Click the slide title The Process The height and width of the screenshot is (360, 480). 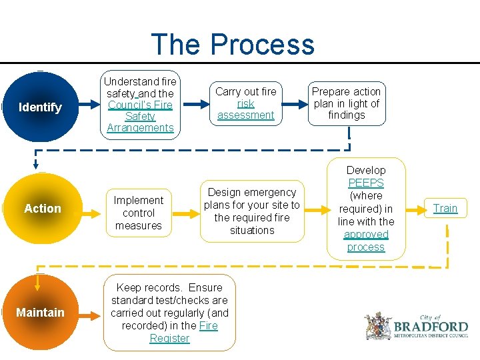point(233,45)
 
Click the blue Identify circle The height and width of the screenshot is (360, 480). point(40,107)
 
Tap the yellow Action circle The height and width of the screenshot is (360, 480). point(42,209)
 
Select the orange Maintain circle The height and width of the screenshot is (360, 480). point(41,313)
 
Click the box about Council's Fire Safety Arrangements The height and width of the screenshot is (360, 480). point(140,105)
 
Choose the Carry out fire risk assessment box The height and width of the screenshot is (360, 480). point(245,103)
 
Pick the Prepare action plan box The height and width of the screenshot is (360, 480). point(346,103)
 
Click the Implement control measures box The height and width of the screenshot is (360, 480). point(138,213)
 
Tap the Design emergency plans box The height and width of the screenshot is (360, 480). point(252,211)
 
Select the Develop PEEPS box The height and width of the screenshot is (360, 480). point(365,209)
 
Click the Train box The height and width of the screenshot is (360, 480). point(445,208)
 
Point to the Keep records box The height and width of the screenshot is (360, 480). point(169,313)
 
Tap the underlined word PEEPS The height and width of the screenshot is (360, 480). point(365,183)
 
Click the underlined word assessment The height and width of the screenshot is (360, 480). point(245,115)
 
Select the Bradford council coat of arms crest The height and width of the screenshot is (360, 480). point(378,327)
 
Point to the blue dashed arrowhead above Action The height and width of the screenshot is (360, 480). point(36,167)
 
